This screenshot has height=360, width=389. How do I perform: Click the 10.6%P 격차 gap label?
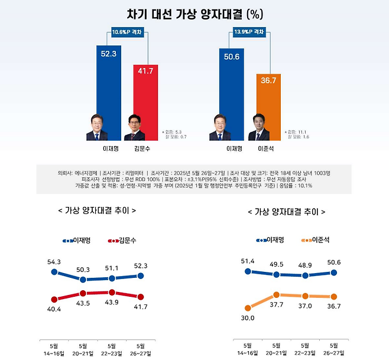[x=127, y=33]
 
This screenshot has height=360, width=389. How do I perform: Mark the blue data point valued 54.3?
[x=54, y=273]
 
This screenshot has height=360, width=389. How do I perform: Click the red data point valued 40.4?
[x=54, y=300]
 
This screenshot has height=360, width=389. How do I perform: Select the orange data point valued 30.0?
[x=247, y=307]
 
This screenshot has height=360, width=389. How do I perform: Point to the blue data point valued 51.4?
[x=247, y=271]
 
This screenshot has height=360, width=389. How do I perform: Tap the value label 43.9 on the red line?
[x=112, y=303]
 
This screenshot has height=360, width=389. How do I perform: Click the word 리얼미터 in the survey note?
[x=134, y=172]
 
